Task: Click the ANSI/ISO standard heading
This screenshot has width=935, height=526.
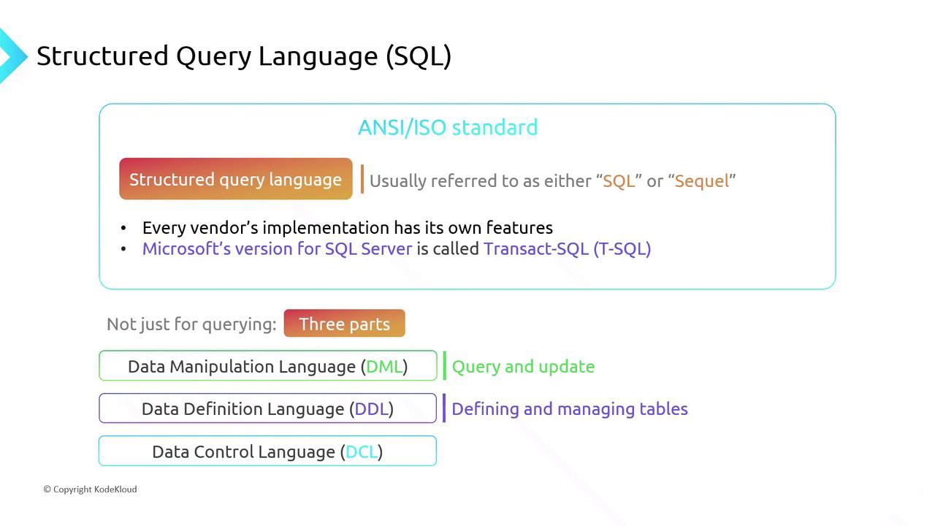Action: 448,127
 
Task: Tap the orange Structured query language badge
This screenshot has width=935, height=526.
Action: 236,179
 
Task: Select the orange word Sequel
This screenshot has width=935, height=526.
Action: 702,181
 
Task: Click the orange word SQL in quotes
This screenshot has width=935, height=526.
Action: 619,181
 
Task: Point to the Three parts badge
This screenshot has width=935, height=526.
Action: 344,323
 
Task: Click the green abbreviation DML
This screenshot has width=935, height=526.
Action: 384,367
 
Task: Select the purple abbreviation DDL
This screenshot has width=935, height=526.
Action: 372,409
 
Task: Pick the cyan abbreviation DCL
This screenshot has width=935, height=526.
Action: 362,451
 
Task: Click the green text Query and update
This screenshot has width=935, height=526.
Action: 523,367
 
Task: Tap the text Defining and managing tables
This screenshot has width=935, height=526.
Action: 570,409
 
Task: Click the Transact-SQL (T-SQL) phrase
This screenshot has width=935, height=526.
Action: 568,249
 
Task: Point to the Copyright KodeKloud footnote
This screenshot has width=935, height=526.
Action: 90,489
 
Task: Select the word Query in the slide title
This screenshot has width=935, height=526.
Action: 213,56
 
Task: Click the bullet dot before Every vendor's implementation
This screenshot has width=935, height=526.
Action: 123,229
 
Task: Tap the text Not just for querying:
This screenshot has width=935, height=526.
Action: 191,324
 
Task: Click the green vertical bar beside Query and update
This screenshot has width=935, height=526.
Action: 445,366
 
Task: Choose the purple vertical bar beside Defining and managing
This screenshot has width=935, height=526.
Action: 444,408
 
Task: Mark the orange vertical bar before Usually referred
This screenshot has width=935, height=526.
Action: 362,179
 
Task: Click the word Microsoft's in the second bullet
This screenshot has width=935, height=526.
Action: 186,249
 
